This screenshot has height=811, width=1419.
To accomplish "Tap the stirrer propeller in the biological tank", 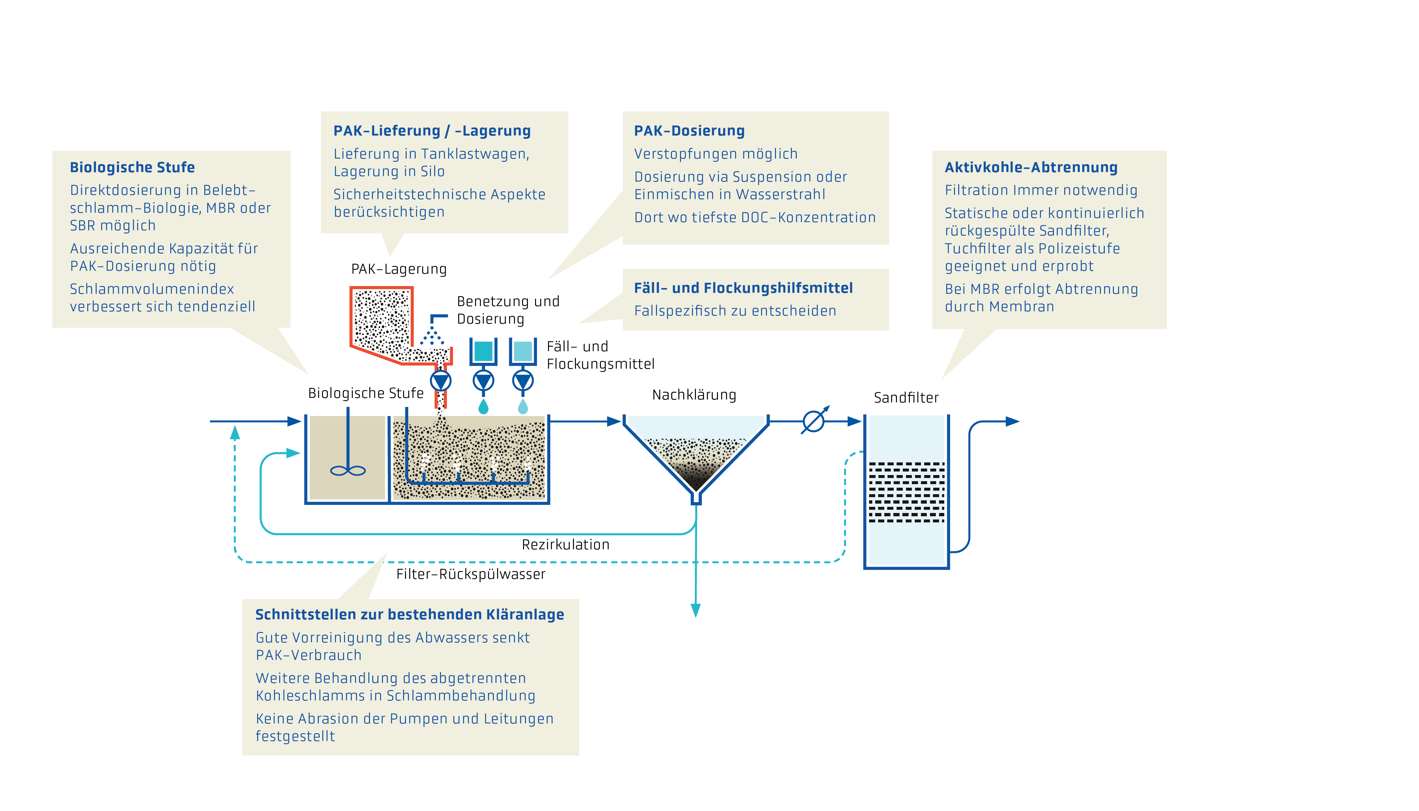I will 348,471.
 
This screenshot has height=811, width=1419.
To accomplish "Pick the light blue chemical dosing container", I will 522,351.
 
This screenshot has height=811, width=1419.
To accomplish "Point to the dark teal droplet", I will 483,407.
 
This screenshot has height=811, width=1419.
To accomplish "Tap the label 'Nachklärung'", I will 694,395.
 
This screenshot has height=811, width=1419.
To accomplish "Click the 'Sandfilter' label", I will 906,398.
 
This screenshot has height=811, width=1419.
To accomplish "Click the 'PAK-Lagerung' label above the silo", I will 399,269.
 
